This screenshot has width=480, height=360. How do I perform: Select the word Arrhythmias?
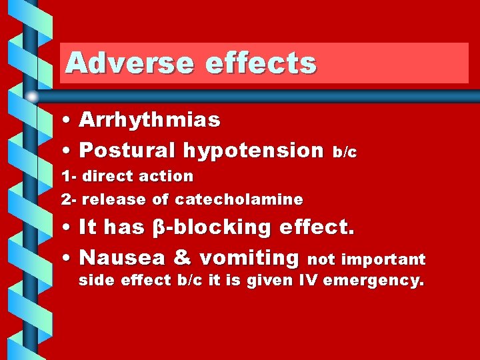[x=150, y=120]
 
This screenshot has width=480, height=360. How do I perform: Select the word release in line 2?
[x=111, y=199]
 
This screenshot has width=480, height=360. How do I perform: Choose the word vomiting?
[x=249, y=257]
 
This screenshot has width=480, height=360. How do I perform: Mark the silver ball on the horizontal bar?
[x=32, y=97]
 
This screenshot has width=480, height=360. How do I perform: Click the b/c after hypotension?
[x=345, y=153]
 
